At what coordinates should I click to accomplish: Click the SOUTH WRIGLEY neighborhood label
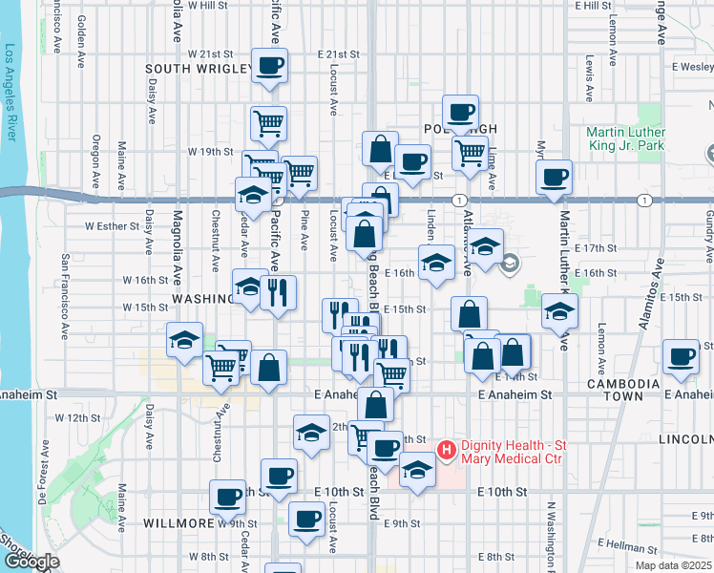[x=198, y=69]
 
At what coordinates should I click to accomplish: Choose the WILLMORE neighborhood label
[x=177, y=524]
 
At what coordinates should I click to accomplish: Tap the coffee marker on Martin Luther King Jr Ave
[x=554, y=176]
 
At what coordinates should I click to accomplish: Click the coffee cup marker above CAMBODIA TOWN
[x=682, y=355]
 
